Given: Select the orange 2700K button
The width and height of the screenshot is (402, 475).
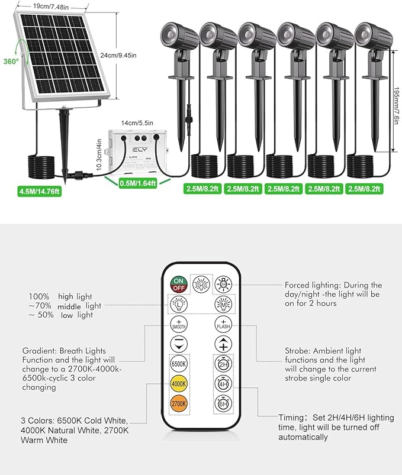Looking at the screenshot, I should [x=178, y=404].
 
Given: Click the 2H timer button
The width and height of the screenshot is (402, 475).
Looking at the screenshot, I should [x=223, y=364].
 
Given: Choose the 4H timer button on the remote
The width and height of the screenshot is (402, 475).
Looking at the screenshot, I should [x=223, y=384].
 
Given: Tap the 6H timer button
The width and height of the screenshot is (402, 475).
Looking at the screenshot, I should [x=223, y=405].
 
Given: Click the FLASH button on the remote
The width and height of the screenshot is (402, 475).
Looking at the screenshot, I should [x=223, y=324].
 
